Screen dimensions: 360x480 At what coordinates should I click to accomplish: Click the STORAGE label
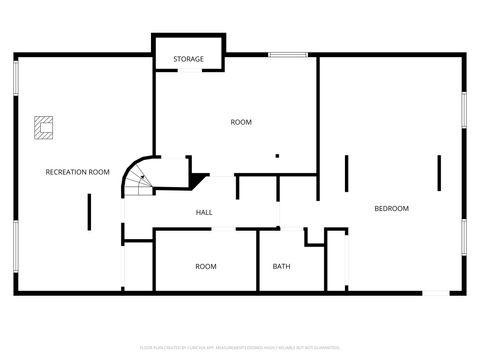188,59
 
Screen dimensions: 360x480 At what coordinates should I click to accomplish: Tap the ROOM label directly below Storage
241,122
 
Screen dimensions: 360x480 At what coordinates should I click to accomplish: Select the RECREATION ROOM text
77,172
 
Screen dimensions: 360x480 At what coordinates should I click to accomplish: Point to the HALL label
204,212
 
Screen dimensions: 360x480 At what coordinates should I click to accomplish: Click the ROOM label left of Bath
206,266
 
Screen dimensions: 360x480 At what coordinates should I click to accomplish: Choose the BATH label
282,266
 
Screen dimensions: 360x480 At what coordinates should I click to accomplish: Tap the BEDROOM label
391,208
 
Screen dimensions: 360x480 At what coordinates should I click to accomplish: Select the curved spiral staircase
139,178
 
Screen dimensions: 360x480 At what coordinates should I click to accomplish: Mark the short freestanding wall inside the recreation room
90,210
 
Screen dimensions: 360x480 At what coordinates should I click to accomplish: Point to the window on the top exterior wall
287,54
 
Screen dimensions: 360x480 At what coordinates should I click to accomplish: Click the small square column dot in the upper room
277,156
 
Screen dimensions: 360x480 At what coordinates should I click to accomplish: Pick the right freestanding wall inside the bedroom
438,172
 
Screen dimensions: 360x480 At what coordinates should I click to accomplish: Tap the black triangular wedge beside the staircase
199,181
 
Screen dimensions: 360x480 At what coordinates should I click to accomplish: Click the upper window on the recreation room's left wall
15,77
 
